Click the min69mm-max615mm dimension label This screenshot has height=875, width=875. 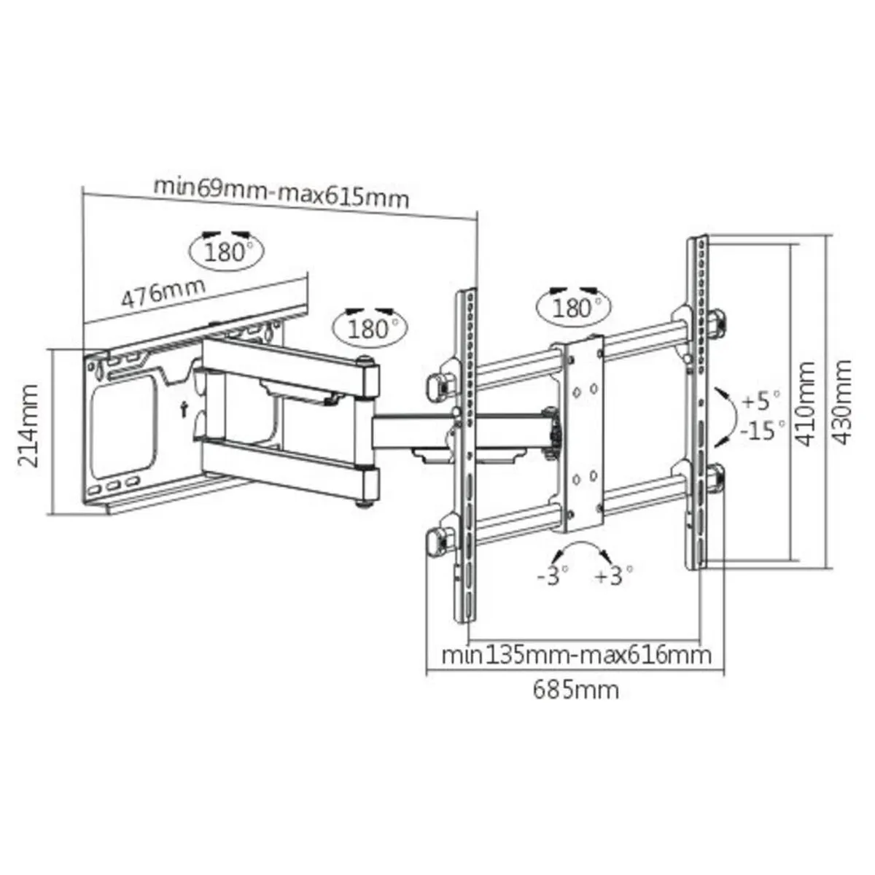click(281, 191)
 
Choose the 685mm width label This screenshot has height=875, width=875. click(575, 689)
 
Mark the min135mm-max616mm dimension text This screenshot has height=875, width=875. click(576, 654)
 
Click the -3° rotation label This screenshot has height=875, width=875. click(551, 576)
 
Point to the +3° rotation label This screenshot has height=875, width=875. click(613, 576)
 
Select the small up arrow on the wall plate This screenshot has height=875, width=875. click(185, 409)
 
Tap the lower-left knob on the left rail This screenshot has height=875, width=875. click(437, 541)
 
